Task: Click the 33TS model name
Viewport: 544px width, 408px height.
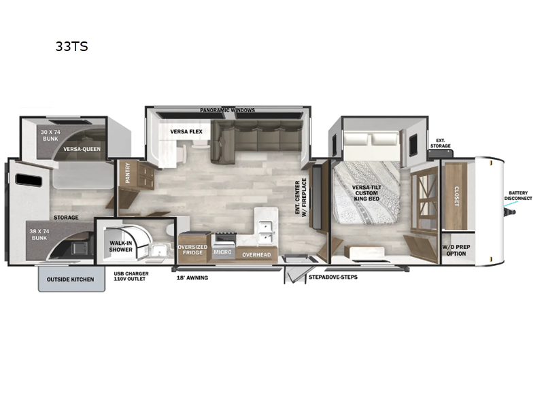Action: tap(72, 47)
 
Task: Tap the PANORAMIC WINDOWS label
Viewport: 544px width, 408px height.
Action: tap(227, 110)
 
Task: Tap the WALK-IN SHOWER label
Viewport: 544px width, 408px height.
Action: tap(120, 245)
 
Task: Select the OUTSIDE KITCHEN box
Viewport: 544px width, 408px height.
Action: tap(71, 279)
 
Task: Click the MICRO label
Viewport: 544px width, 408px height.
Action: tap(223, 253)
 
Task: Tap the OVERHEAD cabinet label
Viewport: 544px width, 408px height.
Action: tap(257, 255)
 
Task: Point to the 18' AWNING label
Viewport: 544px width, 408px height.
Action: tap(192, 277)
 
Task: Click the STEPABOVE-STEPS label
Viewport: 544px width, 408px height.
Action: tap(333, 277)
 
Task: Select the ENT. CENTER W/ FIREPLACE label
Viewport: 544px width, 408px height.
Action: tap(301, 197)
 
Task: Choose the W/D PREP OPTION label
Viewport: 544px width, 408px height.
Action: tap(454, 250)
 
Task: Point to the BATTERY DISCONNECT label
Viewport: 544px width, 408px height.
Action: tap(518, 195)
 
